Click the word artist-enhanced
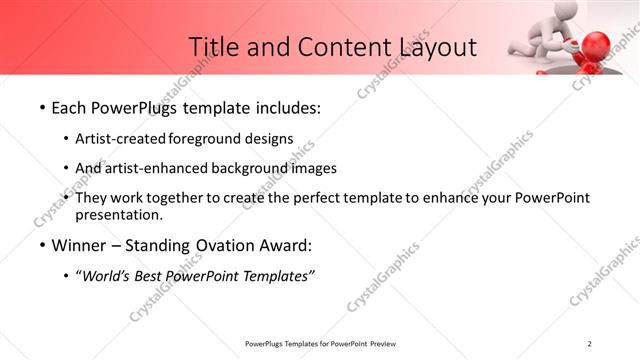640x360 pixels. (x=152, y=168)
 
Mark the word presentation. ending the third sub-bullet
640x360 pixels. (x=119, y=214)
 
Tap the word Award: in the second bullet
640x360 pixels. (x=285, y=244)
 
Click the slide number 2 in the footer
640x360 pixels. (x=590, y=344)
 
